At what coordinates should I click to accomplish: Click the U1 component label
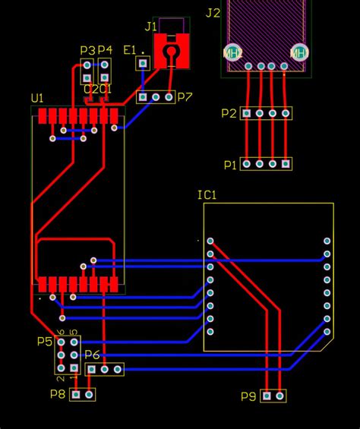(x=37, y=99)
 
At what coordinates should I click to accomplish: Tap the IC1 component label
(x=207, y=195)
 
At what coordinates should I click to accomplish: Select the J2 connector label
(x=213, y=13)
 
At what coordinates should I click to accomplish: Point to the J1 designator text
(x=150, y=27)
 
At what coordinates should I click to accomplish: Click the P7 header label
(x=185, y=97)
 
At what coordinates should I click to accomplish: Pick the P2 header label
(x=229, y=113)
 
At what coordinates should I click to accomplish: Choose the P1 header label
(x=229, y=164)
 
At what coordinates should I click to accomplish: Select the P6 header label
(x=92, y=355)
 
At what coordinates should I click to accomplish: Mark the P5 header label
(x=45, y=342)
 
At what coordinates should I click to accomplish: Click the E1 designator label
(x=130, y=50)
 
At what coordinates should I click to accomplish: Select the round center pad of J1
(x=172, y=52)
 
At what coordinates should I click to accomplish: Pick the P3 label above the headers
(x=87, y=50)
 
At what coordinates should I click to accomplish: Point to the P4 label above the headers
(x=105, y=50)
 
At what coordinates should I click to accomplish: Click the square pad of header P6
(x=91, y=369)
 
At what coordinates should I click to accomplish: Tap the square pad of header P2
(x=246, y=113)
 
